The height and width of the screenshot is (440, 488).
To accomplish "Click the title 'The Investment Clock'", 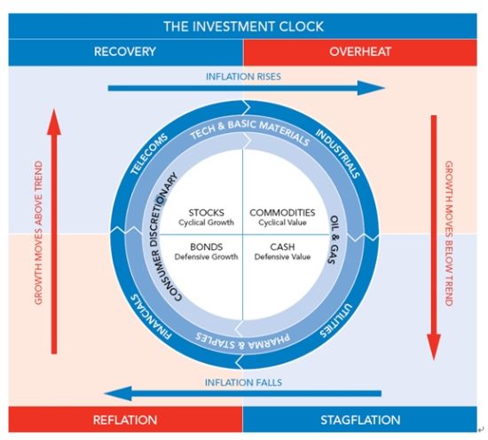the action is coord(243,27).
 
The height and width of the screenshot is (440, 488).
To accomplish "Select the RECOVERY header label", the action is coord(125,51).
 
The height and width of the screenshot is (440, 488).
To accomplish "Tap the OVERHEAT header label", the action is coord(360,51).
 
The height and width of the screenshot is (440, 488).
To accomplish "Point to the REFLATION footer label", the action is coord(125,420).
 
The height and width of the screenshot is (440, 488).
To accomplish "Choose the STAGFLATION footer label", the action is coord(360,420).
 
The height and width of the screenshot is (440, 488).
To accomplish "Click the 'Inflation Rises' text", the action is coord(243,76).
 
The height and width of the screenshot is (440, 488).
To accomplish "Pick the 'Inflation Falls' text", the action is coord(243,382).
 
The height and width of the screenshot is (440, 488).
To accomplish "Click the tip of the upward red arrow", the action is coord(54,109).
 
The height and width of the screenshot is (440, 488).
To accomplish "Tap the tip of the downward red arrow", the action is coord(434,360).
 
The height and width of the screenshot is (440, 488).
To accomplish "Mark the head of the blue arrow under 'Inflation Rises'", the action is coord(385,88).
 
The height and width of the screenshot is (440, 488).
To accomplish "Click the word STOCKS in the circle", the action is coord(207,213).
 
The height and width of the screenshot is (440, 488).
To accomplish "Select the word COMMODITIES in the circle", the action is coord(282,213).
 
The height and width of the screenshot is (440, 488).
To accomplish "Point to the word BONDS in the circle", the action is coord(207,247).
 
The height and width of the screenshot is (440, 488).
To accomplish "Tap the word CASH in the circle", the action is coord(282,247).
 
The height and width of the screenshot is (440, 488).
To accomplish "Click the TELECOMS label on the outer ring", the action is coord(149,154).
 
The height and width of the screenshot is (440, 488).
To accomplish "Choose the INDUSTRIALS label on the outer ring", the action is coord(338,153).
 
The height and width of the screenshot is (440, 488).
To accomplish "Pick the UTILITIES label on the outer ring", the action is coord(336,320).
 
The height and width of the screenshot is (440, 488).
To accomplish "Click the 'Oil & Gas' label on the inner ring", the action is coord(334,240).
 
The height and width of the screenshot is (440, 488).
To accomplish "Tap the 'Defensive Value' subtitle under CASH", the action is coord(282,256).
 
